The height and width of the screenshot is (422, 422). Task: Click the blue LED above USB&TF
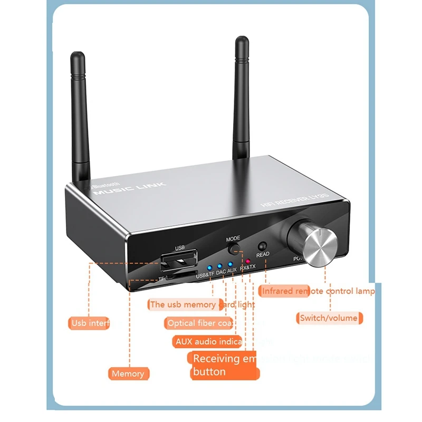point(209,266)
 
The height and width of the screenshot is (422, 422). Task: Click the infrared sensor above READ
point(262,245)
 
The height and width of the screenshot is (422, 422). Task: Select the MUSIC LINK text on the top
point(129,188)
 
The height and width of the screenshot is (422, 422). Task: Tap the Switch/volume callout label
point(328,318)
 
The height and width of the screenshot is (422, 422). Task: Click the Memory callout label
point(128,373)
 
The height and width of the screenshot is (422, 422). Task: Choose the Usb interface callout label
point(95,323)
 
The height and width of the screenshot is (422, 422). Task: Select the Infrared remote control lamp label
point(318,291)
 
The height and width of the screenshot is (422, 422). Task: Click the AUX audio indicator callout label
point(207,341)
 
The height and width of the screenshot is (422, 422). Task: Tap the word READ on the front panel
point(263,254)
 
